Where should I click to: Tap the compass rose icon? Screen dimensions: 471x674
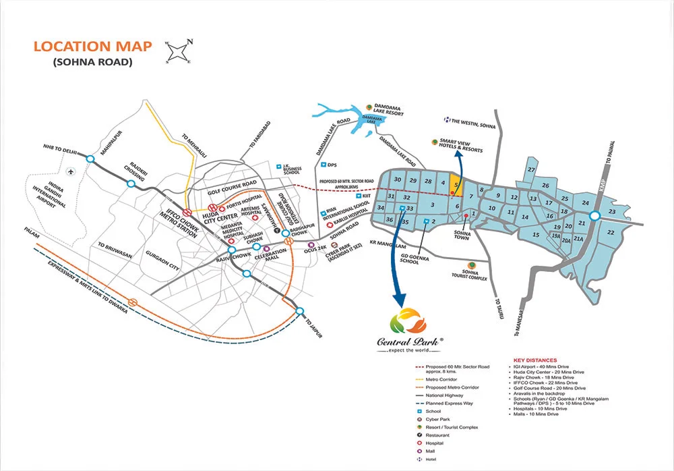point(178,51)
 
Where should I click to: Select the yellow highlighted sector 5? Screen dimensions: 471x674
point(456,183)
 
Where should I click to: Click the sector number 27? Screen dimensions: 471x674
point(532,169)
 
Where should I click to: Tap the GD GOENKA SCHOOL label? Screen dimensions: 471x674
point(408,258)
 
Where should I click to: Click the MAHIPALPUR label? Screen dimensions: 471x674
point(106,144)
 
